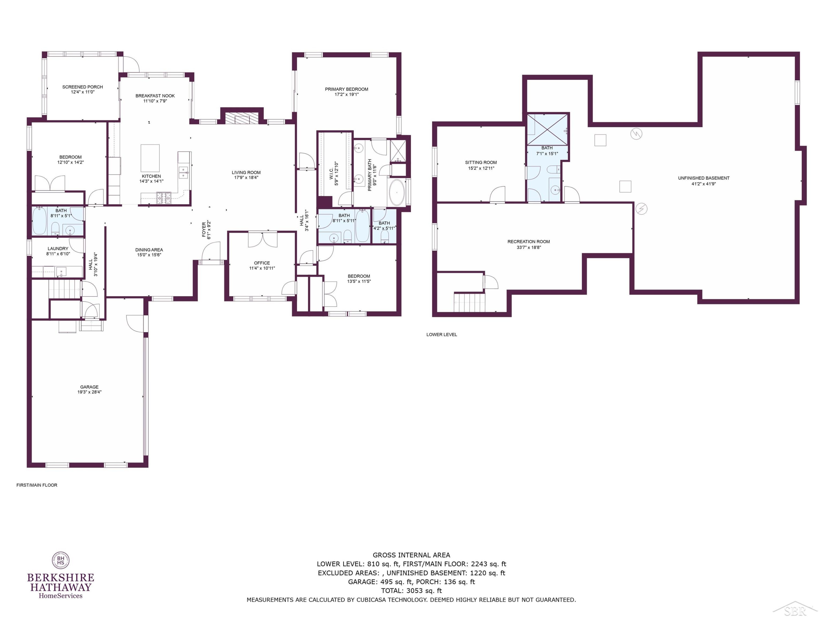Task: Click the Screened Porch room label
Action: click(83, 87)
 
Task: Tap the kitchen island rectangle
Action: click(150, 158)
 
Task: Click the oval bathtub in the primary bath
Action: click(397, 193)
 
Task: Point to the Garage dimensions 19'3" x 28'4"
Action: click(89, 392)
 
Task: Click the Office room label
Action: click(262, 263)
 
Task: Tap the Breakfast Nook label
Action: click(155, 96)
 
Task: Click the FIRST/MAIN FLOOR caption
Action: click(37, 485)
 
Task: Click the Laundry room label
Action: click(58, 249)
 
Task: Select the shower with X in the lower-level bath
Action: click(548, 129)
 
